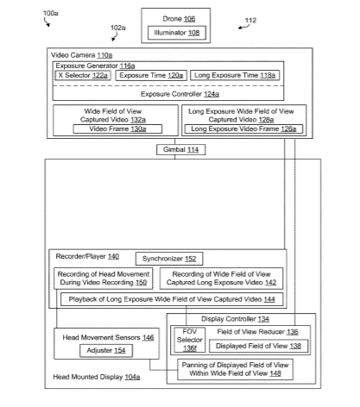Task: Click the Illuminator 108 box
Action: (x=177, y=33)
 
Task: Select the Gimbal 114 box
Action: (x=180, y=149)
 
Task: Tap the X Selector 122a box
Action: (x=83, y=75)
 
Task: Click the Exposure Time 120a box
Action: (x=151, y=75)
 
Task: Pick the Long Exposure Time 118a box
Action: (x=235, y=75)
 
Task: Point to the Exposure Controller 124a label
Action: (x=180, y=94)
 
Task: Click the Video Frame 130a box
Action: (x=117, y=128)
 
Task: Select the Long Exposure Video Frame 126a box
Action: (x=243, y=128)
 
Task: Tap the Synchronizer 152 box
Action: (x=169, y=259)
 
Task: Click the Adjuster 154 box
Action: (x=106, y=350)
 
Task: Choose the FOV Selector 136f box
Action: (x=190, y=340)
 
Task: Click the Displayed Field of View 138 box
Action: (x=258, y=346)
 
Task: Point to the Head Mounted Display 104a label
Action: (x=97, y=377)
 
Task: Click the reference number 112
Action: (x=250, y=21)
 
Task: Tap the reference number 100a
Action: (x=51, y=13)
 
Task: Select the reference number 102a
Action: (x=118, y=28)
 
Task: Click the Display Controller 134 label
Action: (x=235, y=319)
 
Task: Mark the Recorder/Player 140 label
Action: (x=87, y=256)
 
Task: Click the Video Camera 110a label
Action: (x=81, y=55)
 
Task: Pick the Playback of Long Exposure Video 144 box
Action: (x=172, y=299)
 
